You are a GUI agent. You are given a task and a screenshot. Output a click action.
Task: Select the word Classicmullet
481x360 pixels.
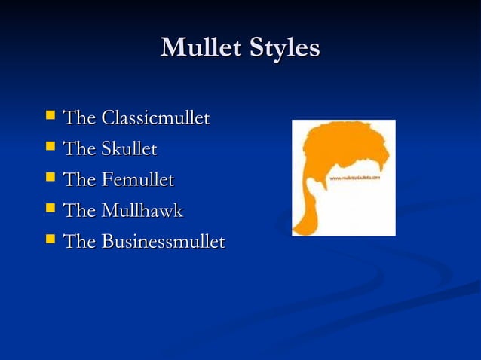pyautogui.click(x=155, y=118)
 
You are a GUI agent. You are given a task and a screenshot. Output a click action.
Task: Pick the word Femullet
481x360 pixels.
pyautogui.click(x=137, y=180)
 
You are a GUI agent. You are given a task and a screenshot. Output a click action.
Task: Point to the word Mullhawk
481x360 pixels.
pyautogui.click(x=142, y=211)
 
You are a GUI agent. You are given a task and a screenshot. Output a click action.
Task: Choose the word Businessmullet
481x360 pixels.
pyautogui.click(x=163, y=242)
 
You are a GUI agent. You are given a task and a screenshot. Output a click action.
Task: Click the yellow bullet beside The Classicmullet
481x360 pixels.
pyautogui.click(x=50, y=116)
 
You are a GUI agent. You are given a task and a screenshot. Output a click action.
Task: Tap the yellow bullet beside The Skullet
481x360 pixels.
pyautogui.click(x=50, y=147)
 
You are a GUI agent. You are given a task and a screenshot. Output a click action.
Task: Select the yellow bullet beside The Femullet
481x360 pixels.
pyautogui.click(x=50, y=178)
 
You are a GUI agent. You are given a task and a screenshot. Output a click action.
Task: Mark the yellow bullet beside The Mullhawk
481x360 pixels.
pyautogui.click(x=50, y=209)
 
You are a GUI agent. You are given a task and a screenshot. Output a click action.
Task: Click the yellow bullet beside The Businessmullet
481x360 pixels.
pyautogui.click(x=50, y=240)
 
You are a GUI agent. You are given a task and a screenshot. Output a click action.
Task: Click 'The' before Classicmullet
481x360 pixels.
pyautogui.click(x=79, y=118)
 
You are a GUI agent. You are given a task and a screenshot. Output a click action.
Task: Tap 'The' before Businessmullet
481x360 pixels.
pyautogui.click(x=79, y=242)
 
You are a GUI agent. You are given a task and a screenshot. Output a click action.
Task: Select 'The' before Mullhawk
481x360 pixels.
pyautogui.click(x=79, y=211)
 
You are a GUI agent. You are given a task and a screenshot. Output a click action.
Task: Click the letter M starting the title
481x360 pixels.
pyautogui.click(x=171, y=47)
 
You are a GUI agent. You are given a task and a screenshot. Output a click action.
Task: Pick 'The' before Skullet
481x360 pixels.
pyautogui.click(x=79, y=149)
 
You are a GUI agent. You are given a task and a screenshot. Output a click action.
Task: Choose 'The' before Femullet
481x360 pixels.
pyautogui.click(x=79, y=180)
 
